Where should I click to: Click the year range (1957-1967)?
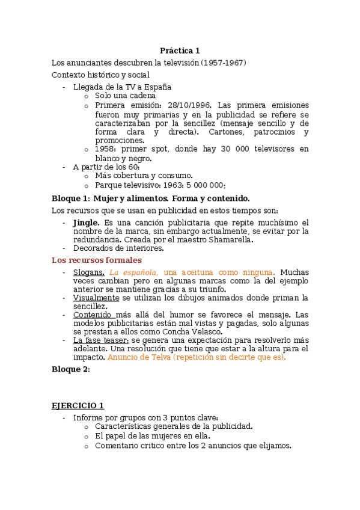coord(223,63)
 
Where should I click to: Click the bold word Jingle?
coord(86,222)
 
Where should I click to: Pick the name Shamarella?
coord(228,239)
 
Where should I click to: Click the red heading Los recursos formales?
coord(97,260)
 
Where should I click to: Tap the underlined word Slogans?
coord(88,272)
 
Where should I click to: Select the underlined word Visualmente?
coord(96,298)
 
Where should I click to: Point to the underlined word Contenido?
coord(94,315)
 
